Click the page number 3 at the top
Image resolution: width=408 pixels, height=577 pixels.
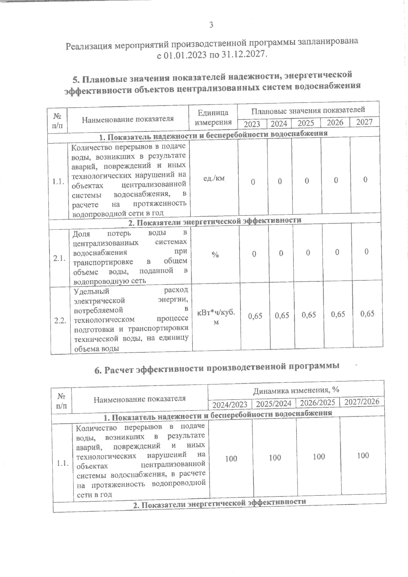pyautogui.click(x=211, y=25)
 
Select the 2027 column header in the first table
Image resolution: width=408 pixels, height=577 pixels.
pyautogui.click(x=364, y=122)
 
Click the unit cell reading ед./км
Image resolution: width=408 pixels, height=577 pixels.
pyautogui.click(x=214, y=178)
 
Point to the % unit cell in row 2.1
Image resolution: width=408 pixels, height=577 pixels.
pyautogui.click(x=215, y=255)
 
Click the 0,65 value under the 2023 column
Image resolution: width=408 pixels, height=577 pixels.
pyautogui.click(x=255, y=316)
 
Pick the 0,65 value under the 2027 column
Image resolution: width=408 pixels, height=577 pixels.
pyautogui.click(x=367, y=313)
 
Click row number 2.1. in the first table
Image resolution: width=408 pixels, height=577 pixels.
pyautogui.click(x=59, y=259)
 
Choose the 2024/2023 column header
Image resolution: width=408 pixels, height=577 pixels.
pyautogui.click(x=230, y=405)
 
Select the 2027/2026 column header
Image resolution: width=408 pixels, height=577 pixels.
pyautogui.click(x=362, y=402)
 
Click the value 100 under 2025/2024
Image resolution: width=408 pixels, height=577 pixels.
pyautogui.click(x=275, y=457)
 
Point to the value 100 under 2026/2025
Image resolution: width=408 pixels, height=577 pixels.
pyautogui.click(x=319, y=456)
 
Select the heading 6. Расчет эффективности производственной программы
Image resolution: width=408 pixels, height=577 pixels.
pyautogui.click(x=217, y=368)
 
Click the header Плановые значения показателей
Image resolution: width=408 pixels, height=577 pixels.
pyautogui.click(x=308, y=110)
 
